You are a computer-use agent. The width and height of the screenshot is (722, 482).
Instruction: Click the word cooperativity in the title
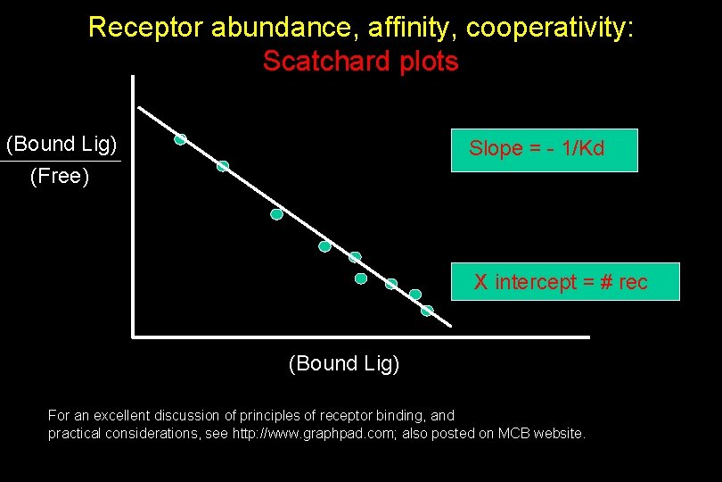[550, 28]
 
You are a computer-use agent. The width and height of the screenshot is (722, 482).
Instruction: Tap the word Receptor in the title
[146, 28]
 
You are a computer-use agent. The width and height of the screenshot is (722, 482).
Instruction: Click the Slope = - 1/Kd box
[543, 149]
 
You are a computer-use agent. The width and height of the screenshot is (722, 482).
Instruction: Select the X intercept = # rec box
[565, 282]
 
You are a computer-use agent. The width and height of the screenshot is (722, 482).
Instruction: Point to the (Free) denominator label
[60, 177]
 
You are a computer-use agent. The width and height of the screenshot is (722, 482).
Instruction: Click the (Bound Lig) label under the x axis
[344, 363]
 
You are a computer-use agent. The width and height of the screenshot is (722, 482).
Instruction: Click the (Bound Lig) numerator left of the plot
[62, 144]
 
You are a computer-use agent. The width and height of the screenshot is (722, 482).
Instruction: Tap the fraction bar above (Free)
[60, 162]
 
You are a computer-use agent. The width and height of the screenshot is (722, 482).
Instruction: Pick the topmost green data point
[180, 139]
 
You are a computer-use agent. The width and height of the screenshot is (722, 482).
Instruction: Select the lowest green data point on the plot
[427, 311]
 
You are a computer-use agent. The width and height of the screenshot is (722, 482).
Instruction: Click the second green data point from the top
[223, 166]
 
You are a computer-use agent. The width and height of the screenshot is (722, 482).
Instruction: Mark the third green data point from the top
[277, 214]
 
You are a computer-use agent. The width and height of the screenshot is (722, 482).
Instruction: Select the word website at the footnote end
[561, 434]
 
